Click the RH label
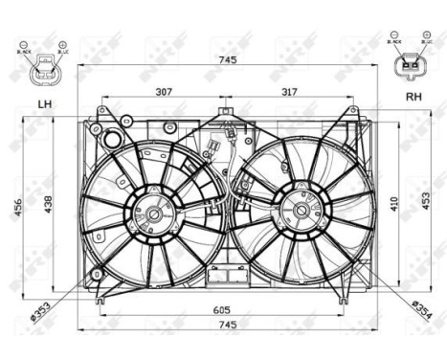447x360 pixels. tap(413, 96)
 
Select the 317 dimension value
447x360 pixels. tap(289, 93)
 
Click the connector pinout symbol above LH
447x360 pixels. tap(42, 63)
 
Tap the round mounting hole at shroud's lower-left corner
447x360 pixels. tap(96, 277)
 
